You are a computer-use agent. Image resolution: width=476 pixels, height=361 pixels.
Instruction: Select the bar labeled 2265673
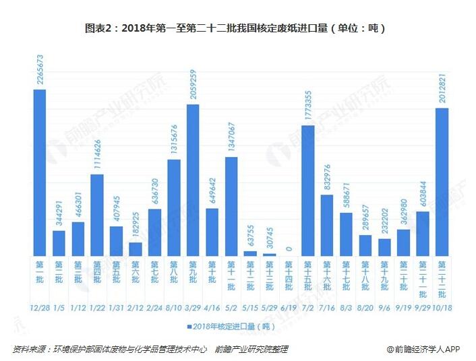[40, 172]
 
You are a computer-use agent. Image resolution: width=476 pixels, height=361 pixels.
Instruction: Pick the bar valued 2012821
[442, 182]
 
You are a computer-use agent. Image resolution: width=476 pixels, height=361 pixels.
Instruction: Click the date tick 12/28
[40, 307]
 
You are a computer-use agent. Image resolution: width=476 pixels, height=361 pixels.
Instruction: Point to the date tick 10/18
[442, 307]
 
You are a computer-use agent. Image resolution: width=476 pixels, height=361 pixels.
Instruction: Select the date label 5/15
[251, 307]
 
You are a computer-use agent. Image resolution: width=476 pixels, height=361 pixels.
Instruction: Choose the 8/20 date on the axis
[365, 307]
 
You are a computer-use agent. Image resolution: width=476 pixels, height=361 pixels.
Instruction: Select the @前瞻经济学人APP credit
[423, 349]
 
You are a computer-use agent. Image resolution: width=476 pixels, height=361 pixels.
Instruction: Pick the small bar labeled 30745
[270, 254]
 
